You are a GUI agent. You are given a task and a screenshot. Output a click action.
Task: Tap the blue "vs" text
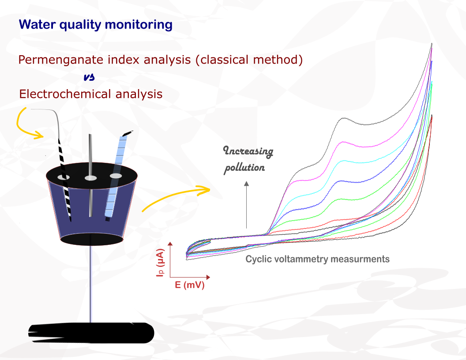click(89, 77)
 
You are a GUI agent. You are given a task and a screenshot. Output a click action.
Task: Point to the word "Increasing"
click(248, 151)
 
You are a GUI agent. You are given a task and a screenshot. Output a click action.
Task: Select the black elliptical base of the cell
click(91, 239)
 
